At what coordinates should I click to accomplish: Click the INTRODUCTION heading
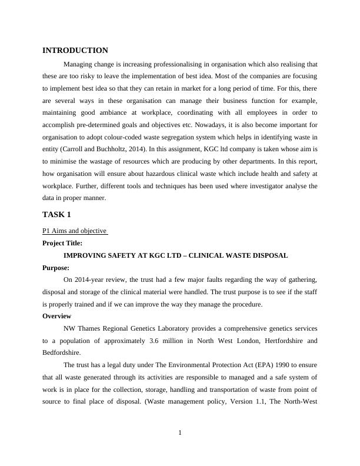[75, 51]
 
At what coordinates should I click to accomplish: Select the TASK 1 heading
[56, 215]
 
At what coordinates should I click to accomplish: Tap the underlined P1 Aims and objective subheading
[75, 231]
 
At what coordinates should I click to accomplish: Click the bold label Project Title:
[62, 243]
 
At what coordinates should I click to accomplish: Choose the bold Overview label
[57, 316]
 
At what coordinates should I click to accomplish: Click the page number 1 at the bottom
[180, 434]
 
